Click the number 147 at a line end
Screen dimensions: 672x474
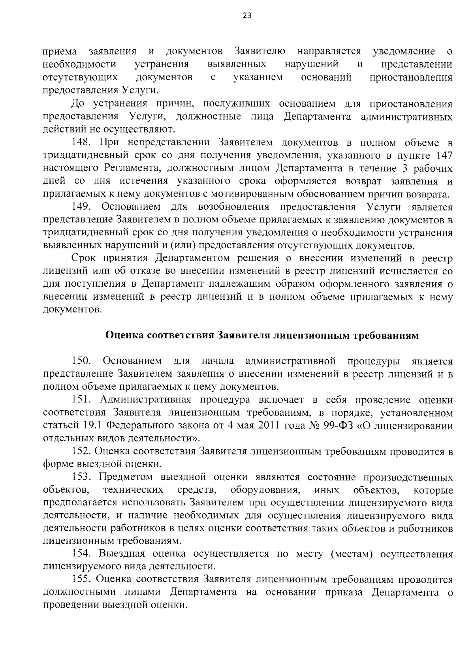(x=443, y=155)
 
